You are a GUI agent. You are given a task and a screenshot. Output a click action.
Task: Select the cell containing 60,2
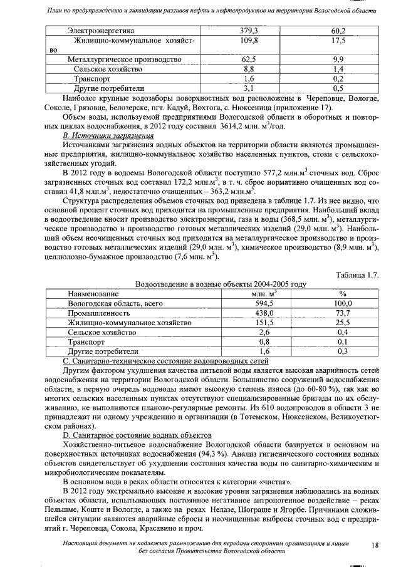click(x=339, y=31)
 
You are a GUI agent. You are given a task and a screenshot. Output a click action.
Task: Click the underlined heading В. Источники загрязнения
click(x=108, y=135)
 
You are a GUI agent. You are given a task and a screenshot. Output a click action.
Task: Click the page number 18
click(x=375, y=546)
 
